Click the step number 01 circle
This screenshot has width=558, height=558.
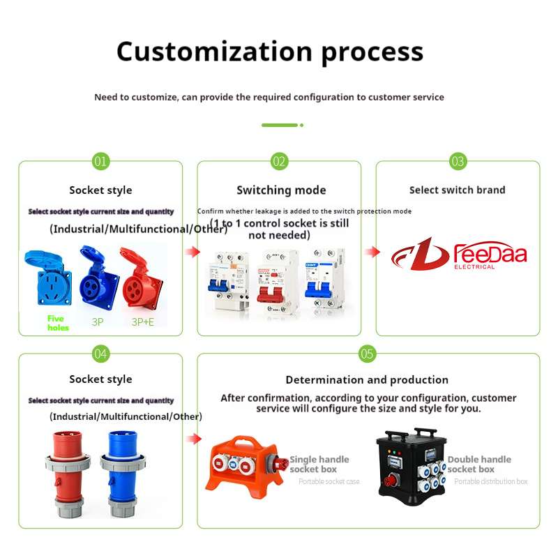pos(101,162)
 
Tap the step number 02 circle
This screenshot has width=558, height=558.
pos(280,162)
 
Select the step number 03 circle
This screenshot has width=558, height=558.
pos(458,162)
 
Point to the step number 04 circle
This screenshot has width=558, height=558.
pos(101,354)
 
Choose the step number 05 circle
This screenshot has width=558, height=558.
pos(368,354)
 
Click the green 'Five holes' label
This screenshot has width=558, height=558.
pos(58,323)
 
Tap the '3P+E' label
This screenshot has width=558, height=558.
pos(144,322)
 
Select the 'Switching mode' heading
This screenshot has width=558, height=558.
pos(281,190)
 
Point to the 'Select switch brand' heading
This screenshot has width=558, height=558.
pos(457,190)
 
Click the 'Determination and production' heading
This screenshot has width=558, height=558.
pos(367,380)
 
